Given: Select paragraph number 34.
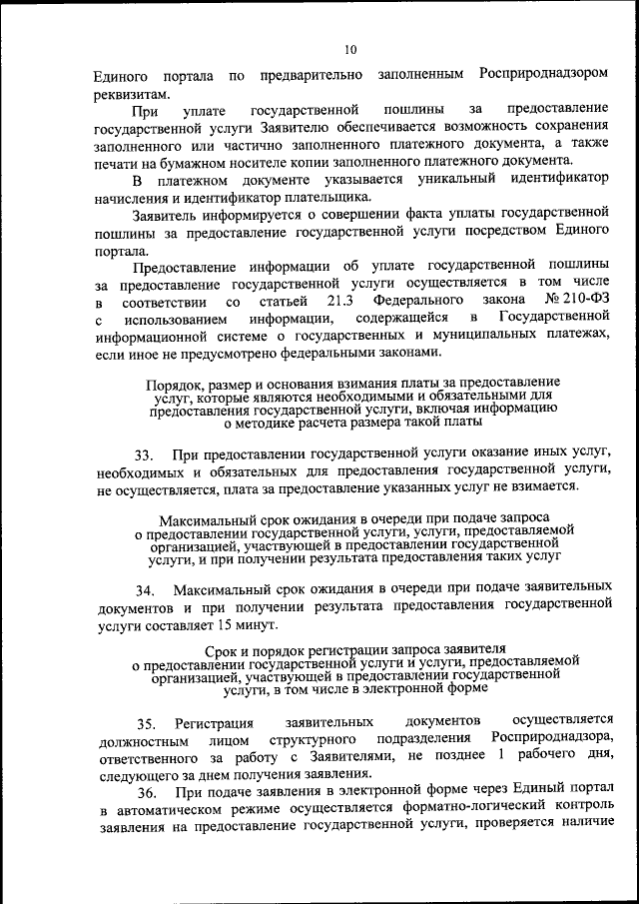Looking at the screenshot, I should tap(147, 588).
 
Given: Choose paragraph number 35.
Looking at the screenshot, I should tap(147, 721).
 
